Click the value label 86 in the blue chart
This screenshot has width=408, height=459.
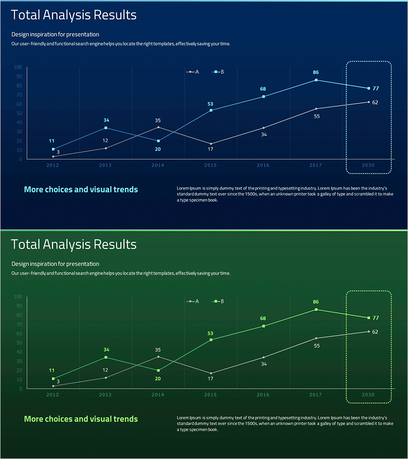pos(316,72)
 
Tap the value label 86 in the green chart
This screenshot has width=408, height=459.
pos(316,302)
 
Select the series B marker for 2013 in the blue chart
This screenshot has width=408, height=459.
pos(106,128)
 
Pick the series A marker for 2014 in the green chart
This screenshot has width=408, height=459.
pos(158,356)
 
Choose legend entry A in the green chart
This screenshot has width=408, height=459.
pos(193,301)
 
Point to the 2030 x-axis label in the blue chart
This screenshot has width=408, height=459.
pos(368,165)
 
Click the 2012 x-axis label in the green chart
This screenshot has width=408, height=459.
pos(53,395)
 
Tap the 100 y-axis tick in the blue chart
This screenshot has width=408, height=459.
pos(18,67)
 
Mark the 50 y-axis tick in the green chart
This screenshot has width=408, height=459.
pos(19,343)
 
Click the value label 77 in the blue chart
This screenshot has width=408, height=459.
pos(376,88)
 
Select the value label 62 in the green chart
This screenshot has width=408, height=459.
pos(375,332)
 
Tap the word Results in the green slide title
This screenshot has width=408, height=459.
pos(115,245)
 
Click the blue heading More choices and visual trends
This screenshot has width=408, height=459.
pos(81,190)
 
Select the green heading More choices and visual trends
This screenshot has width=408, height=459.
pos(81,419)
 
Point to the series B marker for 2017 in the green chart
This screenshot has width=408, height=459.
pos(316,310)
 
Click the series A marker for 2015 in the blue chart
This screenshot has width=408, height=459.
pos(211,144)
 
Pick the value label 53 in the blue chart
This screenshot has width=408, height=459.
pos(210,104)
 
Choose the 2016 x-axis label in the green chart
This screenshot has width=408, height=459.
pos(263,395)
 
